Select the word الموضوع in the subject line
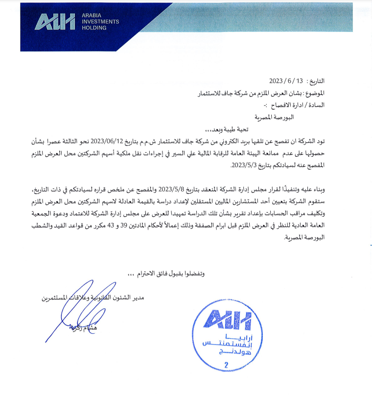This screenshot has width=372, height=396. point(313,93)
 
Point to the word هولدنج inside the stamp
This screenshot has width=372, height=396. point(226,352)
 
